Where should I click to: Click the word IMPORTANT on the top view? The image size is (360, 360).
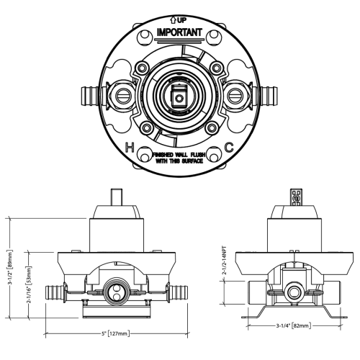click(x=179, y=32)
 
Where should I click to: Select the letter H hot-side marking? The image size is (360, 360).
click(x=130, y=148)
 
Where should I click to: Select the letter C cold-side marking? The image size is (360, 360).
click(x=229, y=148)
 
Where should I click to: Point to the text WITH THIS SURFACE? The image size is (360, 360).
click(x=179, y=161)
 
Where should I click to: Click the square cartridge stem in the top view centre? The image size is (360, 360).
click(x=179, y=95)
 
